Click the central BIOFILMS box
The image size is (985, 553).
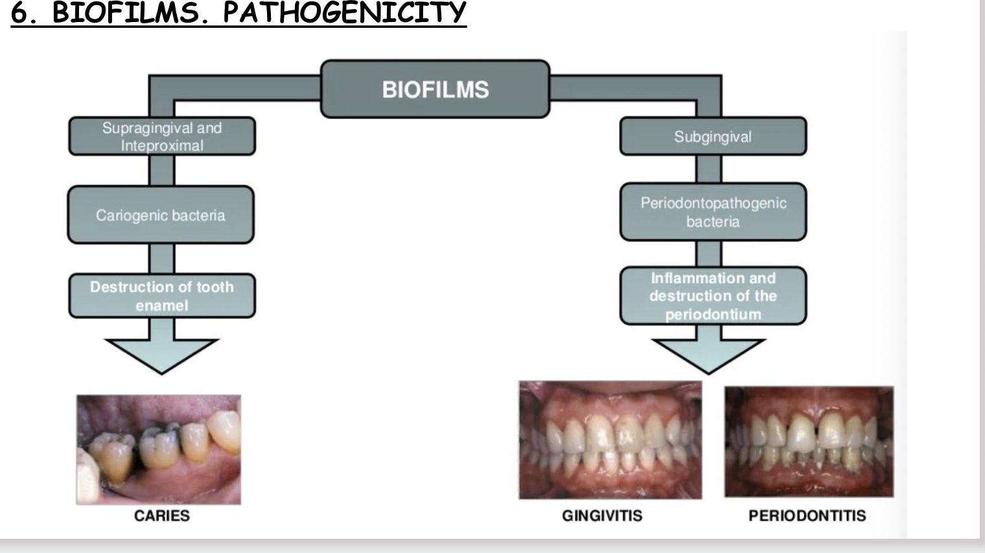[x=435, y=89]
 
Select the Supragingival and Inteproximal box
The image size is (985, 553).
[x=162, y=137]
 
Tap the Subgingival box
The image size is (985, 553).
[x=713, y=137]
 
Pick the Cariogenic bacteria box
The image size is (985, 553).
[x=161, y=215]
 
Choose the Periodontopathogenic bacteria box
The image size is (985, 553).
[x=713, y=212]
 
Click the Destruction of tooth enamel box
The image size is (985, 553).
[x=162, y=296]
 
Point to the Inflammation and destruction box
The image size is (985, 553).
[x=713, y=296]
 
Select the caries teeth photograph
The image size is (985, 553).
[x=159, y=449]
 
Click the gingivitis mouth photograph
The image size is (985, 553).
[x=610, y=440]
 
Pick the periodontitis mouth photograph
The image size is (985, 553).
[x=809, y=442]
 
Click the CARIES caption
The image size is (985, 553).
[x=162, y=515]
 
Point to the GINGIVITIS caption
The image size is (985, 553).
[x=602, y=515]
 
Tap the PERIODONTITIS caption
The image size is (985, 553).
[x=807, y=515]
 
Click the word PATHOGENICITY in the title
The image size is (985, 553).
[x=344, y=13]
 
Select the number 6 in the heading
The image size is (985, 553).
[x=19, y=14]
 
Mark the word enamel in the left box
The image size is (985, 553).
[x=162, y=306]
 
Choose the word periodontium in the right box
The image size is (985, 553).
[x=713, y=315]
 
